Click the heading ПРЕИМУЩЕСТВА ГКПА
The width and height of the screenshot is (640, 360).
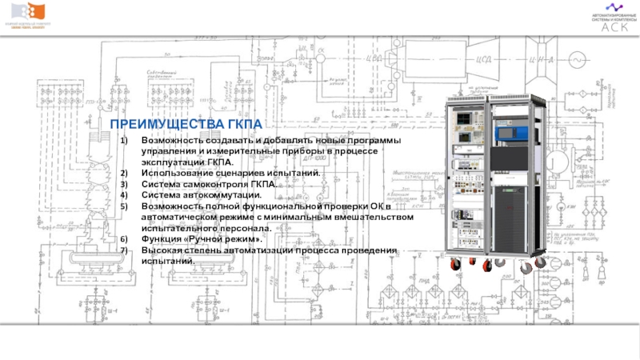(186, 124)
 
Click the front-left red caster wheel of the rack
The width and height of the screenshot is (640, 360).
(459, 267)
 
